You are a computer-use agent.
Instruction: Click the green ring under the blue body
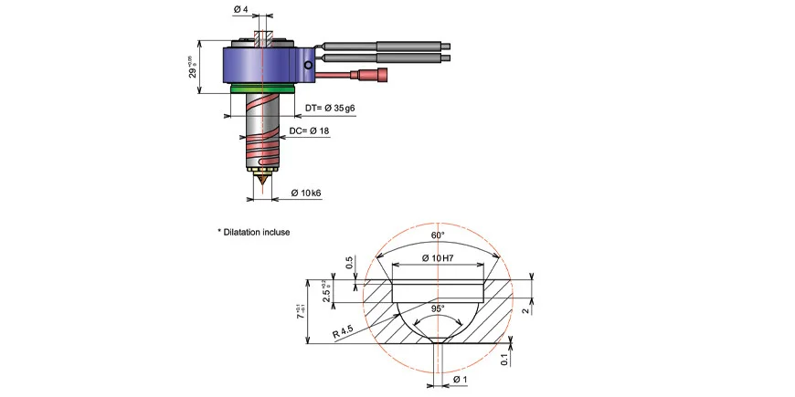tap(262, 89)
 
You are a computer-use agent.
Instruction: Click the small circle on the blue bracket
tap(309, 66)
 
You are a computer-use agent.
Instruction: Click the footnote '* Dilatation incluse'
tap(253, 232)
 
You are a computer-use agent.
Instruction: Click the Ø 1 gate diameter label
tap(461, 378)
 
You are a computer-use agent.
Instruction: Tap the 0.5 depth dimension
tap(350, 265)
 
